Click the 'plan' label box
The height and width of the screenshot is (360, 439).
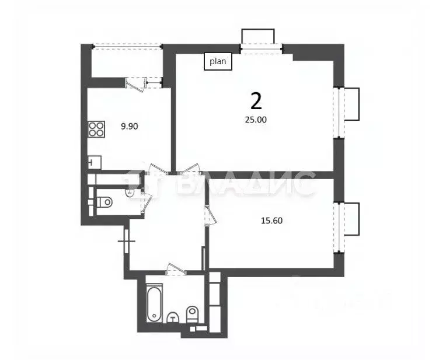pyautogui.click(x=218, y=61)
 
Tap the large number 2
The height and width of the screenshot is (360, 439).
pyautogui.click(x=256, y=101)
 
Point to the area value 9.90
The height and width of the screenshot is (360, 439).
pyautogui.click(x=129, y=125)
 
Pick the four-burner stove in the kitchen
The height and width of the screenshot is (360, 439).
pyautogui.click(x=96, y=128)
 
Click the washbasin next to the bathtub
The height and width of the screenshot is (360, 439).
pyautogui.click(x=173, y=317)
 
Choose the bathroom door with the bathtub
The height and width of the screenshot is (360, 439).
pyautogui.click(x=176, y=269)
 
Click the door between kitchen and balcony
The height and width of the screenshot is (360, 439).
pyautogui.click(x=137, y=84)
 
